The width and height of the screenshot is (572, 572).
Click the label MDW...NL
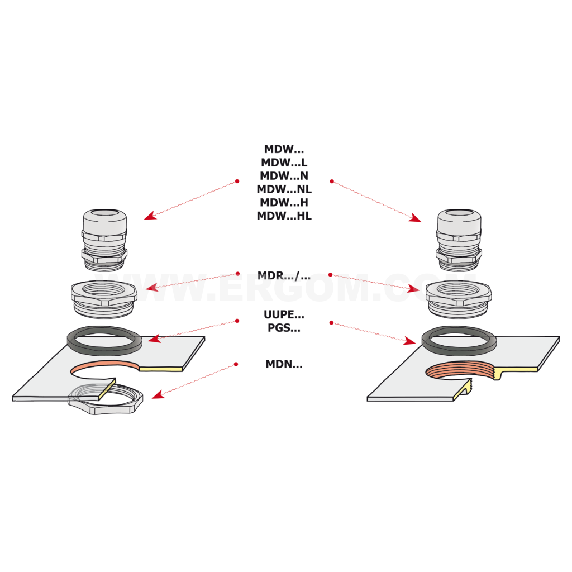coord(284,189)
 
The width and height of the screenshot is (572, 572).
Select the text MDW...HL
coord(284,216)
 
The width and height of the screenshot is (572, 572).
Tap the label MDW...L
coord(284,163)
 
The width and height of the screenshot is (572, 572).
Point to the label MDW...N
coord(284,176)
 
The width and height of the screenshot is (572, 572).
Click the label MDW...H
coord(284,202)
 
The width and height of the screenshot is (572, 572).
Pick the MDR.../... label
coord(284,275)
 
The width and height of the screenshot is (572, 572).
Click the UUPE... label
coord(284,314)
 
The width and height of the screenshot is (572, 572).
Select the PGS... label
coord(284,327)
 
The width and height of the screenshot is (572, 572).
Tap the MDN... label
coord(284,364)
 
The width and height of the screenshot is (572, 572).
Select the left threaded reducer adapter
coord(104,299)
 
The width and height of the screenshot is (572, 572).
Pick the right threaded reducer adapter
coord(459,299)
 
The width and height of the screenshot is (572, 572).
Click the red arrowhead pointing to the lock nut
coord(157,394)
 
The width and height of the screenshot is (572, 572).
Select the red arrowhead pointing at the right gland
coord(415,218)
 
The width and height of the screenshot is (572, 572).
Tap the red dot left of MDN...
coord(236,364)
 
